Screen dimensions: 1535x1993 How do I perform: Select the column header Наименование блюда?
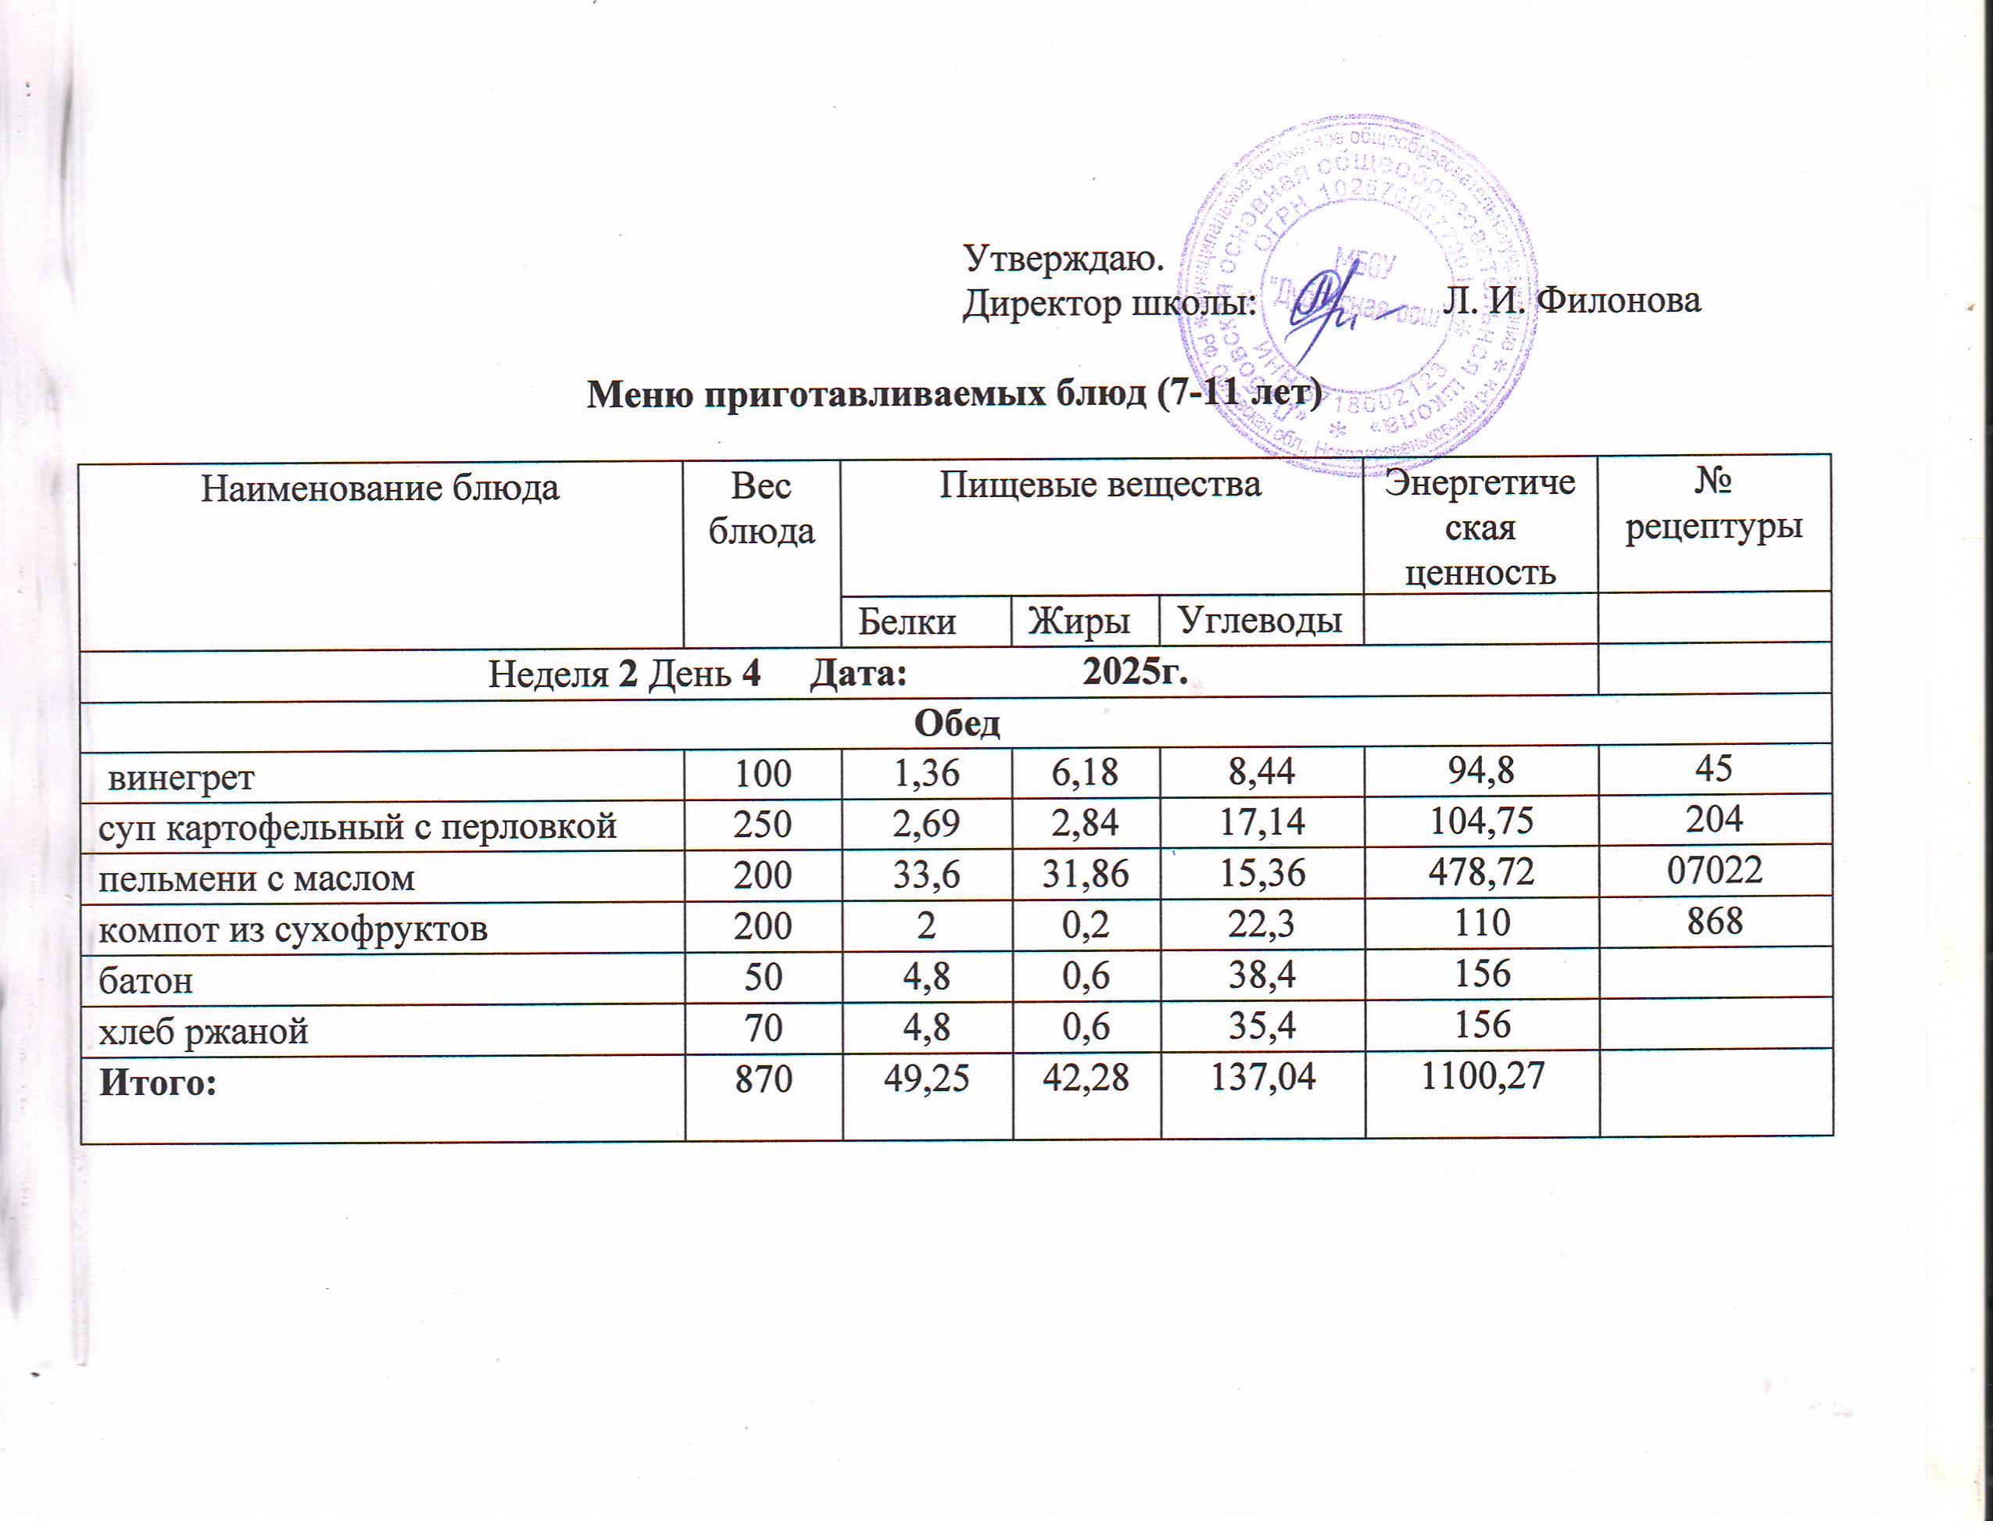click(380, 489)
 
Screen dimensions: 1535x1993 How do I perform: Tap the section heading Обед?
click(957, 724)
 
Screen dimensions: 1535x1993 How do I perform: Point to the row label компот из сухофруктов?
click(293, 929)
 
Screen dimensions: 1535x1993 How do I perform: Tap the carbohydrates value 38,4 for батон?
click(1262, 975)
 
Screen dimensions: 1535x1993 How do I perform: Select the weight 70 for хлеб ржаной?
click(763, 1027)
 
